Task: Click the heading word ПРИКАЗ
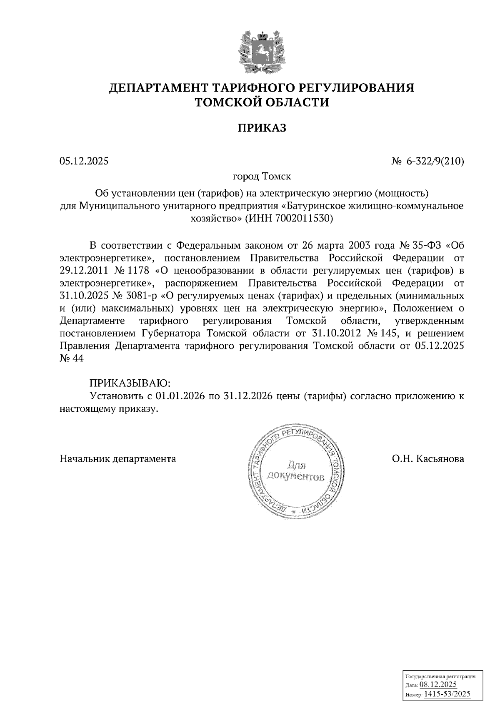click(262, 128)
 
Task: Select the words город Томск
click(262, 176)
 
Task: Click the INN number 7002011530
click(305, 218)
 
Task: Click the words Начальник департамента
click(118, 459)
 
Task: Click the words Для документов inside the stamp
click(296, 471)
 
